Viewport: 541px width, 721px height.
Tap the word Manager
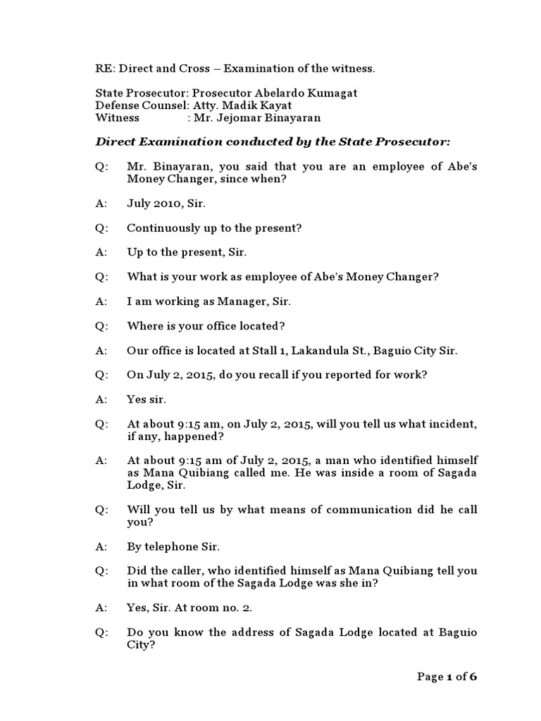pyautogui.click(x=240, y=301)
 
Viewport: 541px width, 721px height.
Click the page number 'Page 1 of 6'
pyautogui.click(x=447, y=677)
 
